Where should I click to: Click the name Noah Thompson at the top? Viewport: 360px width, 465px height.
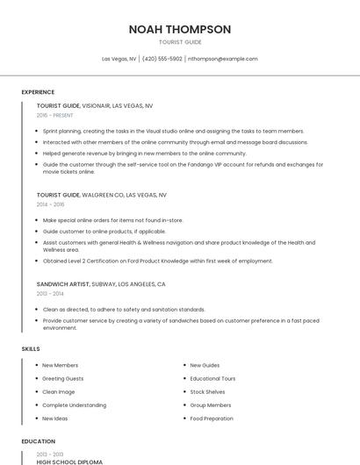click(180, 29)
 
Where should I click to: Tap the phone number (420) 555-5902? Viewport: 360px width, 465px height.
click(162, 59)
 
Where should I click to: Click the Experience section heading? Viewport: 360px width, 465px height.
click(38, 91)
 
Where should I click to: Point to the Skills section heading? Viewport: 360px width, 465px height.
click(31, 349)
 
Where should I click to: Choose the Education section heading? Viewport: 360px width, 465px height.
click(37, 441)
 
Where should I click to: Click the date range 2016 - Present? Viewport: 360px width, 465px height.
click(55, 115)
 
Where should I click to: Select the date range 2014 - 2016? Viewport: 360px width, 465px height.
click(50, 204)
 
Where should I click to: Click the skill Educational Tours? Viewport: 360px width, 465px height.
click(212, 378)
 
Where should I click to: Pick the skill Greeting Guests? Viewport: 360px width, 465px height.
click(62, 378)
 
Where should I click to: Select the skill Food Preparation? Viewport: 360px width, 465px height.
click(212, 418)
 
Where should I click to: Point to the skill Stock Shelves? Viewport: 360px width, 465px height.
click(207, 391)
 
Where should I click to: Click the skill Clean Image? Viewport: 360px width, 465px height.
click(58, 391)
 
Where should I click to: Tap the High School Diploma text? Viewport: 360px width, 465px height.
click(69, 461)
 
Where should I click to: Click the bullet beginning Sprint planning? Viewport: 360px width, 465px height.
click(173, 130)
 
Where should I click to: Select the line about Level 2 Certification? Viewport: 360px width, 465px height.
click(158, 261)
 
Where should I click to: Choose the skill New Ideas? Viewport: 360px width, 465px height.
click(54, 418)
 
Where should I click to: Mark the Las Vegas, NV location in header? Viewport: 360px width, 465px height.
click(119, 59)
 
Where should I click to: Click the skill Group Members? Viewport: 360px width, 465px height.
click(211, 405)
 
